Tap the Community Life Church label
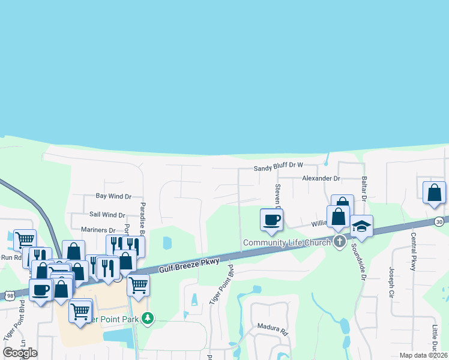pyautogui.click(x=287, y=242)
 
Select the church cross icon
pyautogui.click(x=339, y=242)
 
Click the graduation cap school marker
pyautogui.click(x=361, y=226)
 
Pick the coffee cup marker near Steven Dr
pyautogui.click(x=271, y=220)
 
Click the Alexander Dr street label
pyautogui.click(x=321, y=179)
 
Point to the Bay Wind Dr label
pyautogui.click(x=113, y=196)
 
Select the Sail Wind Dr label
pyautogui.click(x=107, y=215)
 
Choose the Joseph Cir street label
pyautogui.click(x=391, y=283)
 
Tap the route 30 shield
pyautogui.click(x=439, y=221)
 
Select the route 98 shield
pyautogui.click(x=8, y=295)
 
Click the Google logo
pyautogui.click(x=20, y=352)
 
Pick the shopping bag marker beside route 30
pyautogui.click(x=433, y=193)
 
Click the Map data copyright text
pyautogui.click(x=423, y=355)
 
